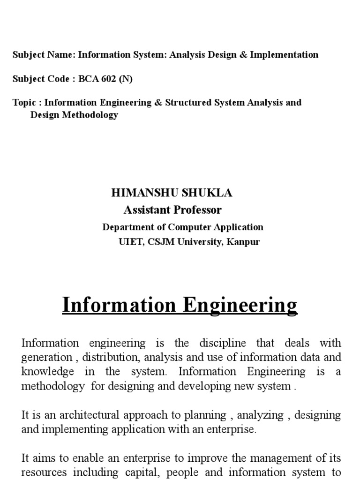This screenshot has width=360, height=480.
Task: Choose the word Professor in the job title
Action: point(197,210)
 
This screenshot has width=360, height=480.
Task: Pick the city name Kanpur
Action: point(244,242)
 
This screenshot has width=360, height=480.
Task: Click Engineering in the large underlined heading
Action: point(240,305)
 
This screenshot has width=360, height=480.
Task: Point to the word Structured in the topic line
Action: point(187,102)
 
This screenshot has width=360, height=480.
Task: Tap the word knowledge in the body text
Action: point(48,372)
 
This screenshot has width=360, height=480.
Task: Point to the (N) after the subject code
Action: point(126,79)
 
